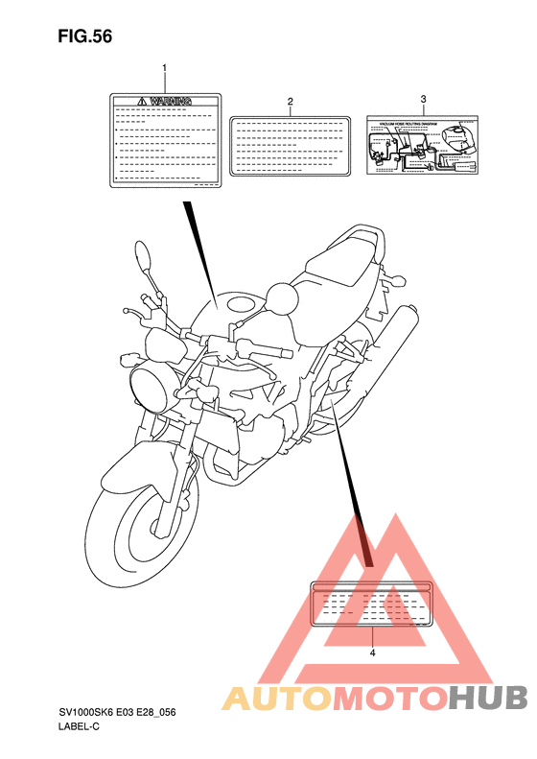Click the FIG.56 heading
(x=85, y=36)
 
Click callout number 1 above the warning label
(x=164, y=68)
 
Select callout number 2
(x=290, y=100)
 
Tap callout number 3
(x=423, y=99)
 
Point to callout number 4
(x=372, y=652)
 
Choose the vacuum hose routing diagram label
(x=423, y=146)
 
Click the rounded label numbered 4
(x=372, y=603)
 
